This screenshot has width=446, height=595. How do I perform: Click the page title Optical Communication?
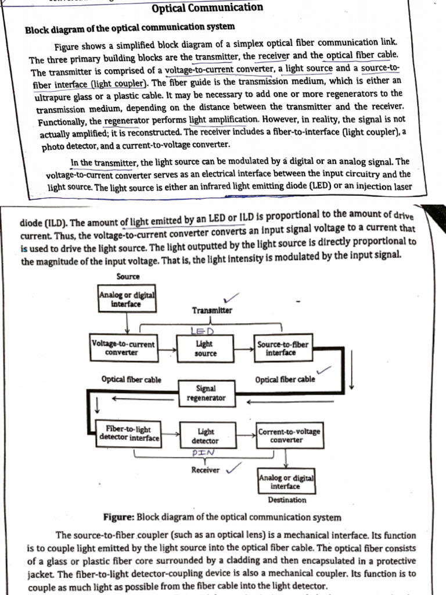tap(207, 8)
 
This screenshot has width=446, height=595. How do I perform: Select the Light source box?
tap(205, 349)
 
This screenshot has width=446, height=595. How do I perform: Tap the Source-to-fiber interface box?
tap(282, 349)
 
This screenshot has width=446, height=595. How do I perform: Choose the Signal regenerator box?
tap(206, 393)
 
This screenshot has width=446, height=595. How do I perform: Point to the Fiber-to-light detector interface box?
tap(128, 433)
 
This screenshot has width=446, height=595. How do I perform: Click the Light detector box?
tap(205, 436)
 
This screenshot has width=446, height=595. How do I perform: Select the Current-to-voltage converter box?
tap(289, 436)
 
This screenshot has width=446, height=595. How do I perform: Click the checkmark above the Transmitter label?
tap(233, 297)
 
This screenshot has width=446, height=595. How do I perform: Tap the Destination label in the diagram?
tap(287, 500)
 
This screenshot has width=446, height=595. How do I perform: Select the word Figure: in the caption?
tap(119, 517)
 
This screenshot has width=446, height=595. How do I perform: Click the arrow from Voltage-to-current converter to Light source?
tap(168, 350)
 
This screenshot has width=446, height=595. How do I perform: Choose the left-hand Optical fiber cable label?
tap(131, 379)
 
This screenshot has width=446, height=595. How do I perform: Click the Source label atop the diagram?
tap(128, 277)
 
